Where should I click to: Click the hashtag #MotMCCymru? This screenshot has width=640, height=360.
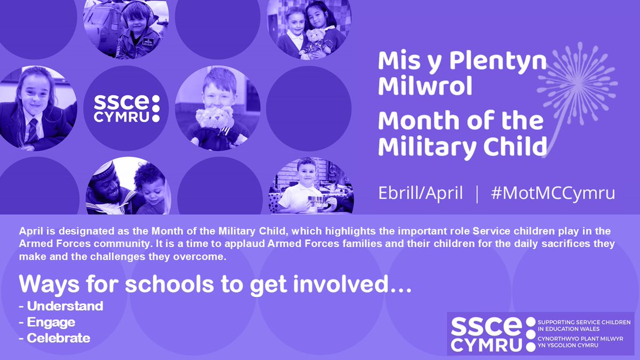click(x=553, y=193)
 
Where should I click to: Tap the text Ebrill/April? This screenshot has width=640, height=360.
click(x=420, y=193)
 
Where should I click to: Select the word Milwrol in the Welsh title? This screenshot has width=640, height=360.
click(x=425, y=86)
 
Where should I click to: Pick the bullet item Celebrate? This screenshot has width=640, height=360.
click(x=58, y=338)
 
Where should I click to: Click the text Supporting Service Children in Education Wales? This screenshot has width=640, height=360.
click(x=584, y=326)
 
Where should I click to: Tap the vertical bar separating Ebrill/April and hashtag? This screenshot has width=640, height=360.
click(x=476, y=193)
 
